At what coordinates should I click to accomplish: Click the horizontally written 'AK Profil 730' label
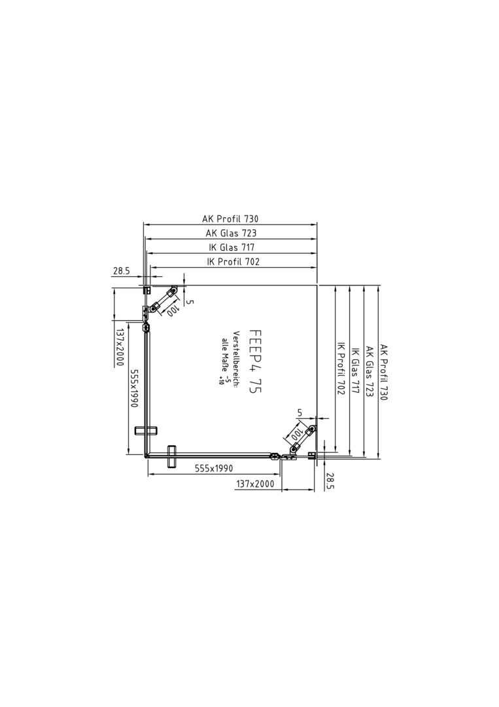click(x=230, y=219)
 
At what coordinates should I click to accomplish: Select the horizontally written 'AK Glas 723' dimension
click(x=231, y=233)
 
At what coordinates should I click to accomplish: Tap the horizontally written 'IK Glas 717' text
click(x=232, y=247)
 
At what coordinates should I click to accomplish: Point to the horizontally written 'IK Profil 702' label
click(x=233, y=261)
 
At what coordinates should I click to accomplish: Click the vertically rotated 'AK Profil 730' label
click(x=384, y=372)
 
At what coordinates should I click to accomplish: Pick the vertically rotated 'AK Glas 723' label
click(x=370, y=372)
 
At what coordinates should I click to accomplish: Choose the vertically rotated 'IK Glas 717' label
click(x=355, y=371)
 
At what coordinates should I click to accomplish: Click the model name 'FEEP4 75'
click(x=254, y=361)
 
